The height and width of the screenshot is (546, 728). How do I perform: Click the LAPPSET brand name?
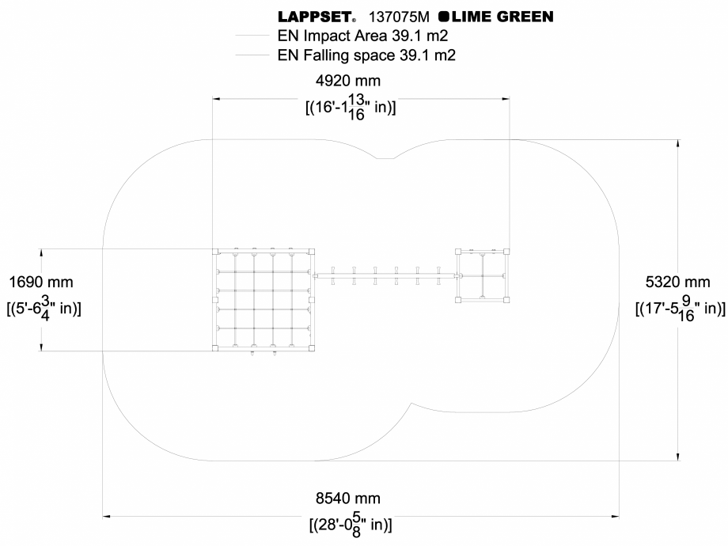315,16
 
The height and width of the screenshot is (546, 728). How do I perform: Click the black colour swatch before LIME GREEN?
443,16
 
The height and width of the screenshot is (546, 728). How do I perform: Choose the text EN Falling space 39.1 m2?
366,55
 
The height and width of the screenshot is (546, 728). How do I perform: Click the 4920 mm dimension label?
348,81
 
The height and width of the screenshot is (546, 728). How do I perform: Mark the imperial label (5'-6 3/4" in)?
44,307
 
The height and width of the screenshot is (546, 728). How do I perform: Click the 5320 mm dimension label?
685,282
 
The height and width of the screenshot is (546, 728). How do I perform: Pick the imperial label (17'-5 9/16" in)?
681,308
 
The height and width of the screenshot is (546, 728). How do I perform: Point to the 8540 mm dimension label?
348,499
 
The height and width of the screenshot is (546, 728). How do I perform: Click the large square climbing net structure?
264,300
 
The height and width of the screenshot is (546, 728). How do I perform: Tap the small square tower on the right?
483,275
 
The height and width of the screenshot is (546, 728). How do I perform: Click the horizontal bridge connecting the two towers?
385,275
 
